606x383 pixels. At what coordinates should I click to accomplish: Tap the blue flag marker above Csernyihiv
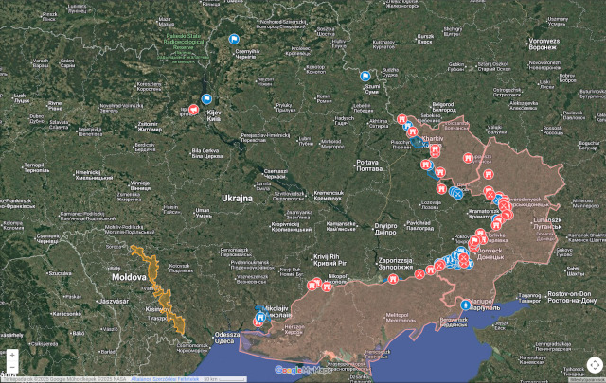(232, 40)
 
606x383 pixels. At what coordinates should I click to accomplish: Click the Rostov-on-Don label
(562, 296)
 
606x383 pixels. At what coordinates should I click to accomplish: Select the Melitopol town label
(401, 314)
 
